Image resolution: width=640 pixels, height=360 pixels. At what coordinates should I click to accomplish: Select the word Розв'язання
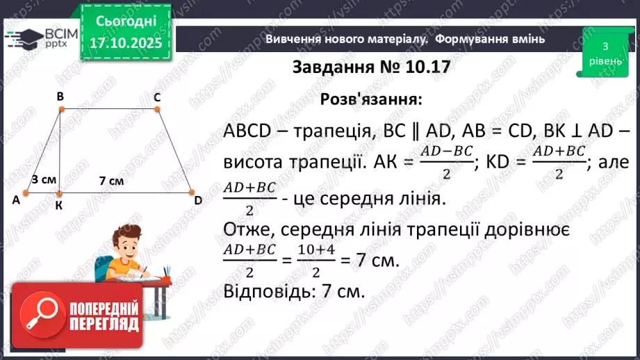pos(370,99)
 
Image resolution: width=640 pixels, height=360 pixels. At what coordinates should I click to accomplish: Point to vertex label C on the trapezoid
pos(158,98)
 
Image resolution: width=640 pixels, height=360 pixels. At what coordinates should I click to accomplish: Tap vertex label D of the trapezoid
pos(198,201)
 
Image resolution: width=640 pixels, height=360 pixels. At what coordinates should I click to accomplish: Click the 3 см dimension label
pos(44,179)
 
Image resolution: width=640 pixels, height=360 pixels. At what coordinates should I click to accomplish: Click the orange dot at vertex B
pos(61,109)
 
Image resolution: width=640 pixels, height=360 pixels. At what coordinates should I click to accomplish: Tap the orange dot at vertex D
pos(190,193)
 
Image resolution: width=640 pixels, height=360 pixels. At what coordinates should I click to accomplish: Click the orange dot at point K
pos(60,194)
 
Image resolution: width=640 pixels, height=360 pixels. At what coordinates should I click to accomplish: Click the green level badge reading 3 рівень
pos(605,52)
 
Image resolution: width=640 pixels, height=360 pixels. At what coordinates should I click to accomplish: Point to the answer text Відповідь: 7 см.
pos(295,291)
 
